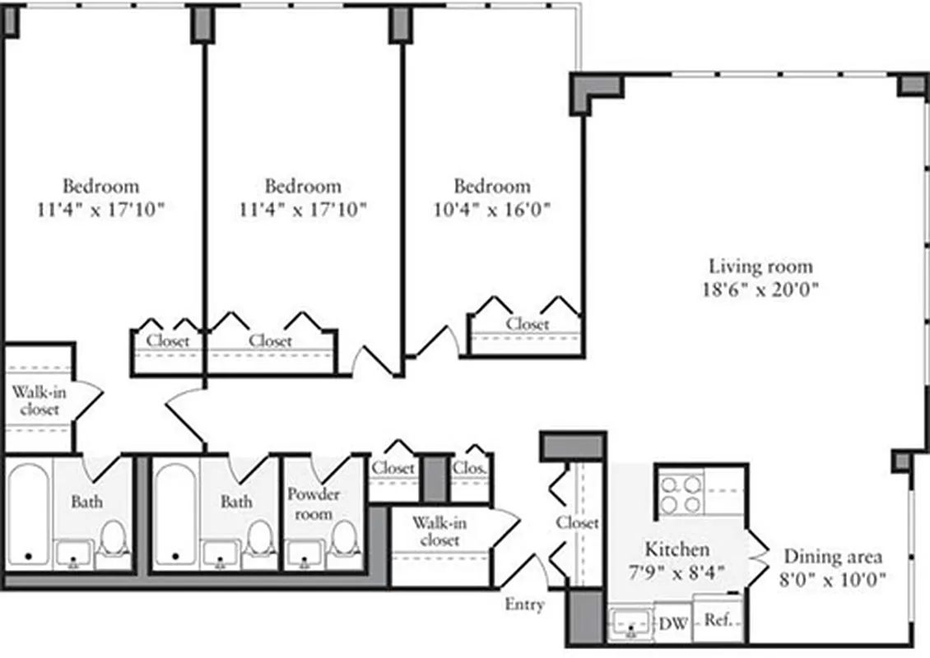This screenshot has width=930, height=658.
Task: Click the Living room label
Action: pos(760,266)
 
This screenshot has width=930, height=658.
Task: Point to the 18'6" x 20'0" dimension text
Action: pos(760,290)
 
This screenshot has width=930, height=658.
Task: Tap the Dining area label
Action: pos(833,556)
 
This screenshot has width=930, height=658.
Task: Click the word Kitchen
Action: pos(677,549)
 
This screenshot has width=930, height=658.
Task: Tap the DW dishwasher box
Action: pos(673,623)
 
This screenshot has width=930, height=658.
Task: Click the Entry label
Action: pos(524,605)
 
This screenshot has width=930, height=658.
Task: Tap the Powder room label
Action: pos(313,503)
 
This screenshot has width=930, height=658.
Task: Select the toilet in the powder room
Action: pos(344,542)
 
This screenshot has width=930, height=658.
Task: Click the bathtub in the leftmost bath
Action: pos(29,514)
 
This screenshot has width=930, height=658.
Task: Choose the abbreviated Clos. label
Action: pos(470,468)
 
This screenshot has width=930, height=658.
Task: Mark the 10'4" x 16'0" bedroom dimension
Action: pos(491,209)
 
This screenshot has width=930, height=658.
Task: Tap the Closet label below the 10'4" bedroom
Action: pos(528,324)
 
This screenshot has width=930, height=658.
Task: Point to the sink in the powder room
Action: pos(304,554)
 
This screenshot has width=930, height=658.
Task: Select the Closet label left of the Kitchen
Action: pos(577,522)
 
